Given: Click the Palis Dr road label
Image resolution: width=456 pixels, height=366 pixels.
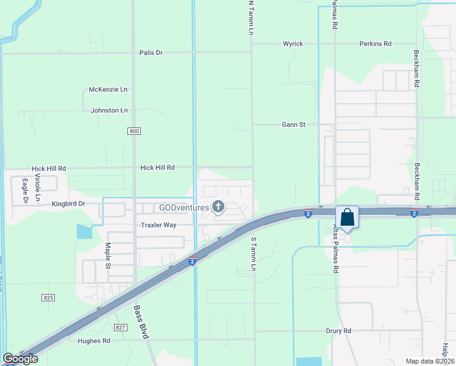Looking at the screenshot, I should tap(151, 52).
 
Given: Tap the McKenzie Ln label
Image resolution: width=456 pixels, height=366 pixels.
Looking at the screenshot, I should tap(109, 89).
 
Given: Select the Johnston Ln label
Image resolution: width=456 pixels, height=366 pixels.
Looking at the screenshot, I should tap(109, 110).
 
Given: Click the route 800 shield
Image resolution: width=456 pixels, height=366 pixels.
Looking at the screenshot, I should tap(134, 131).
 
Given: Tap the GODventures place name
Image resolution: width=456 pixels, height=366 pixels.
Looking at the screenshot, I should tap(183, 207).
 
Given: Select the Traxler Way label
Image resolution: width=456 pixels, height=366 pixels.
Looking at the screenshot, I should tap(159, 225).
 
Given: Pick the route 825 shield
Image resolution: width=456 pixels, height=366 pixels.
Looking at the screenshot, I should tap(49, 297).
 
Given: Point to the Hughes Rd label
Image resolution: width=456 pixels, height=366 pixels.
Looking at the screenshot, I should tap(93, 341).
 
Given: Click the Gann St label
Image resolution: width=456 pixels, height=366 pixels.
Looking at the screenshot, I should tap(293, 124).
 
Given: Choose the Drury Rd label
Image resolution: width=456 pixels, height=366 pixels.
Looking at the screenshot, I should tap(339, 331).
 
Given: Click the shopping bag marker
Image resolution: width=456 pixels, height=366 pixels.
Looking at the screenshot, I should tap(347, 218).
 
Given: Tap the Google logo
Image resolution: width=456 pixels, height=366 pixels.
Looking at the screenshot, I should tap(20, 359).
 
